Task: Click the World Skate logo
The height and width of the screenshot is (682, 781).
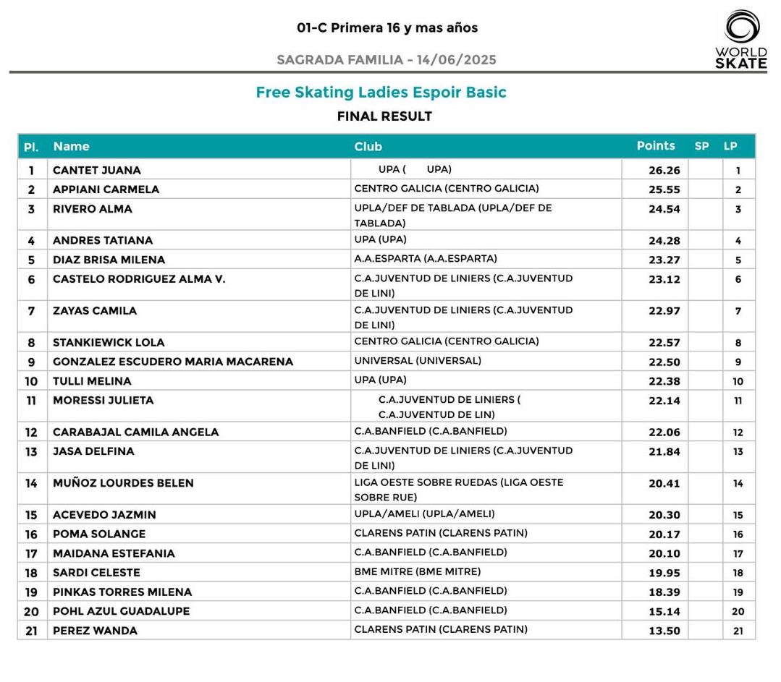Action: click(740, 41)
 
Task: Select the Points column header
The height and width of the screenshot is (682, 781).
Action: click(655, 146)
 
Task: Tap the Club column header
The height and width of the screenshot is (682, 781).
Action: click(368, 147)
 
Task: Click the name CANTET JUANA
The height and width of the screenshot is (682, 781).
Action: click(97, 171)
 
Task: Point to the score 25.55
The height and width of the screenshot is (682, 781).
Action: click(664, 189)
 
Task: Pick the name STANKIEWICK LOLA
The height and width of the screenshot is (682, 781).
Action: click(109, 343)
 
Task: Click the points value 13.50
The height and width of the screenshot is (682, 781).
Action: click(664, 631)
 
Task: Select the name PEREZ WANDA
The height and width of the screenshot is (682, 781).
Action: click(95, 631)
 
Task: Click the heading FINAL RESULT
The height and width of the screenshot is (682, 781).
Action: click(384, 116)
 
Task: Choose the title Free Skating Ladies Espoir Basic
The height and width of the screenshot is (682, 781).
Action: click(381, 93)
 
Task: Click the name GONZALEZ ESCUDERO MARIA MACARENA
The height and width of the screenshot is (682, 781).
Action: click(173, 362)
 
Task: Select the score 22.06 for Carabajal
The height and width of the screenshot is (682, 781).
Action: click(664, 432)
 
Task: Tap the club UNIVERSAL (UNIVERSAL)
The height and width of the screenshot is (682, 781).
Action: click(418, 361)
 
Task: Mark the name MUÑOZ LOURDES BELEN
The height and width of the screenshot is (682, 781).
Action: click(123, 483)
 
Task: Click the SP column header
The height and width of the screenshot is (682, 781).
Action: click(701, 146)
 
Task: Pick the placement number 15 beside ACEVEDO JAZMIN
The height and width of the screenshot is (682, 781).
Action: click(31, 515)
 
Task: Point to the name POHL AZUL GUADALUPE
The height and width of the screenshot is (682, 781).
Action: click(121, 611)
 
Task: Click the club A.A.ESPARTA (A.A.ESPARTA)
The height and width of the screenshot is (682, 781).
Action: click(426, 259)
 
